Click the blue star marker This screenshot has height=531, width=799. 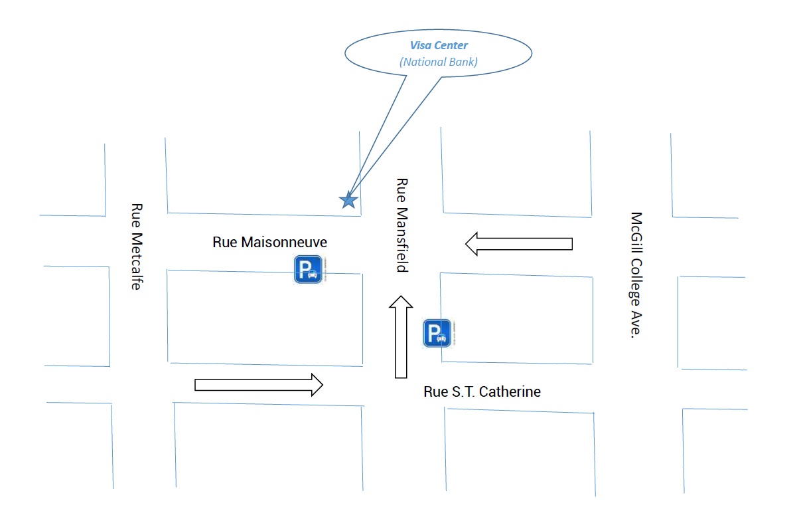(x=348, y=199)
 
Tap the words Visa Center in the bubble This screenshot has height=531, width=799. (x=439, y=46)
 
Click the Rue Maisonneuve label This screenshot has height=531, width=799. (x=269, y=242)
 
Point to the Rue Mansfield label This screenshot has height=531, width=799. (x=401, y=225)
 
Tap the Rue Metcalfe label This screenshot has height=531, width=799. (x=137, y=247)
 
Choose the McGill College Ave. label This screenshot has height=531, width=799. (x=637, y=275)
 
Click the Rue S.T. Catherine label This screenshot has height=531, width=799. (x=482, y=391)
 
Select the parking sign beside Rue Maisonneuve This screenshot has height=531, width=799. (x=309, y=270)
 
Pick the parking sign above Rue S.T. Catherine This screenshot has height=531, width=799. (x=437, y=333)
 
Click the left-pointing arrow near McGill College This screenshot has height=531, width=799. (x=518, y=243)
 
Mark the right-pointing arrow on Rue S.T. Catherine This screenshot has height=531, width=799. (x=258, y=385)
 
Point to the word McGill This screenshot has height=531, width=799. (x=637, y=231)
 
